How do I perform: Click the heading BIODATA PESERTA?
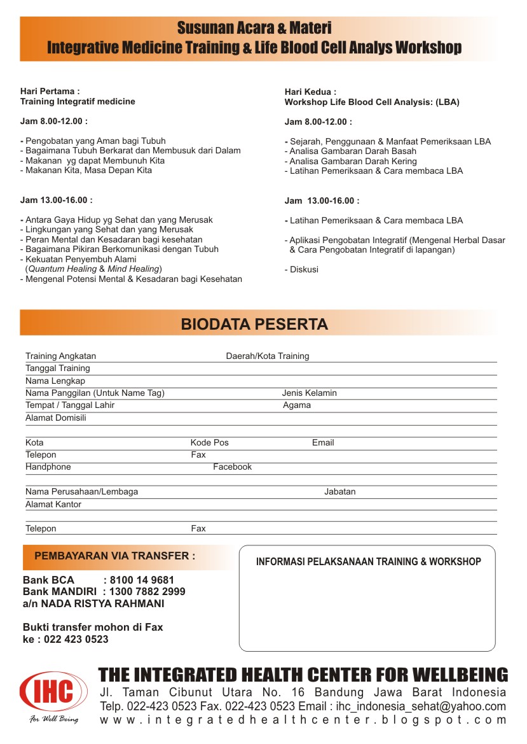(254, 325)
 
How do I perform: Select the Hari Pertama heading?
(50, 92)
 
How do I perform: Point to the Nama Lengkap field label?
(55, 381)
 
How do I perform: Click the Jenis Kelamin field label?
(309, 393)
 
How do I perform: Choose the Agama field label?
(297, 405)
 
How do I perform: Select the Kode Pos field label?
(209, 443)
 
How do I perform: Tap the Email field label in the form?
(323, 443)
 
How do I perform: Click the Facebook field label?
(232, 467)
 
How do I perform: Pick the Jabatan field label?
(339, 492)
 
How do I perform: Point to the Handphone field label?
(48, 467)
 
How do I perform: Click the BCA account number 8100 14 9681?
(142, 580)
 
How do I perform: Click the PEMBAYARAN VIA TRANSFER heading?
(114, 556)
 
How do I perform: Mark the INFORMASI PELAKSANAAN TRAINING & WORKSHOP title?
(368, 562)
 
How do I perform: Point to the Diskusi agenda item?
(301, 270)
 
